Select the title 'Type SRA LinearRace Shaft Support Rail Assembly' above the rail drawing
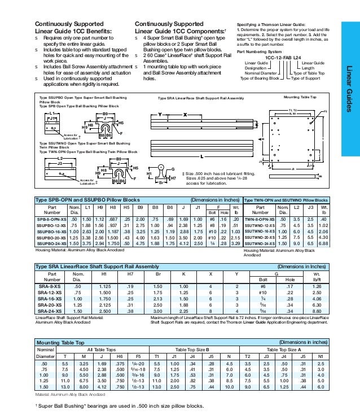[x=194, y=97]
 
